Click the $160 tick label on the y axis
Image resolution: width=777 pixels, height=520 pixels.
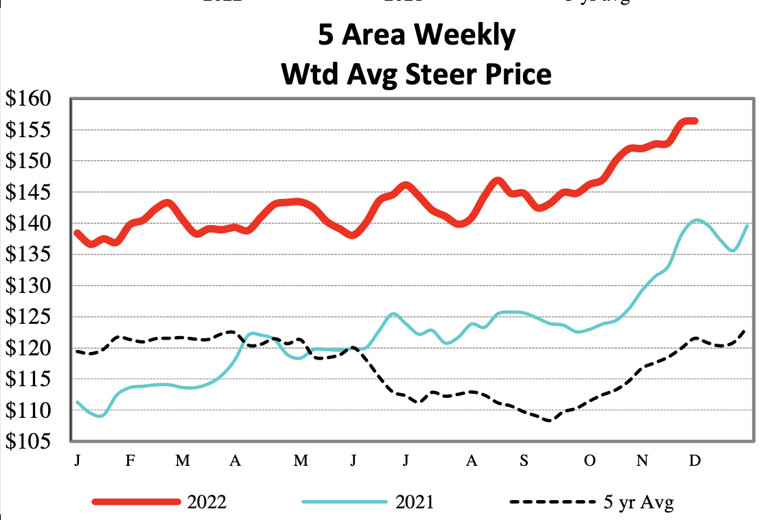pyautogui.click(x=32, y=99)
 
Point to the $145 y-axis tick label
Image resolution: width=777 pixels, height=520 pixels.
pyautogui.click(x=32, y=193)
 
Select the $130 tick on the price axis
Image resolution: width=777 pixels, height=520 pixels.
pyautogui.click(x=32, y=286)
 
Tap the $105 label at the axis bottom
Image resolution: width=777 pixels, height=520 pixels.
pyautogui.click(x=32, y=442)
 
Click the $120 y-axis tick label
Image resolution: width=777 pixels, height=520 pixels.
pyautogui.click(x=32, y=348)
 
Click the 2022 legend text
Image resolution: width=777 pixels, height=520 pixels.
pyautogui.click(x=206, y=503)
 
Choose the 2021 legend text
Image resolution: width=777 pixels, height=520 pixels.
pyautogui.click(x=415, y=503)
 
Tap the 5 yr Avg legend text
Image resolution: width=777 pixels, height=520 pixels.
pyautogui.click(x=638, y=503)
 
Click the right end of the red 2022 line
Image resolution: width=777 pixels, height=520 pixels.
pyautogui.click(x=695, y=121)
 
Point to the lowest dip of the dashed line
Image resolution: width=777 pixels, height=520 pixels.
pyautogui.click(x=548, y=421)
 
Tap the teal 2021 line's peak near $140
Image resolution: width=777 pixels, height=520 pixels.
pyautogui.click(x=697, y=220)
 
